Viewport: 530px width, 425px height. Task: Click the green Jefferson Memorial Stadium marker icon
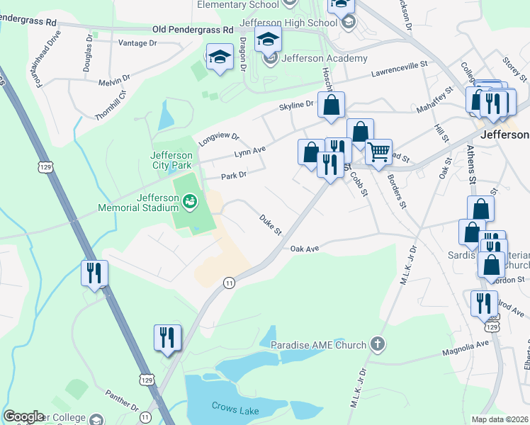point(190,203)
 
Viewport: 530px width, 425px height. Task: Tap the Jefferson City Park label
point(171,161)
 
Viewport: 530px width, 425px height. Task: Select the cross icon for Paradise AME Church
point(378,345)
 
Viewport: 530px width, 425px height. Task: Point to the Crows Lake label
point(232,406)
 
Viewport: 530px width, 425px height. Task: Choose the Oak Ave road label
point(305,249)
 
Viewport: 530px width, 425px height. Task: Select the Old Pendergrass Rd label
point(193,30)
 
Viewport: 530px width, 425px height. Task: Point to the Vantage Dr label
point(138,43)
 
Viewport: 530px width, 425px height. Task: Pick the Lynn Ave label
point(249,151)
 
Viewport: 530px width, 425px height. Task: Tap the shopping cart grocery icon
point(379,152)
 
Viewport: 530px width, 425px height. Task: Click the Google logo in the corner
point(23,416)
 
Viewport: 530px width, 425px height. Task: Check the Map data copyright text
point(500,419)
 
